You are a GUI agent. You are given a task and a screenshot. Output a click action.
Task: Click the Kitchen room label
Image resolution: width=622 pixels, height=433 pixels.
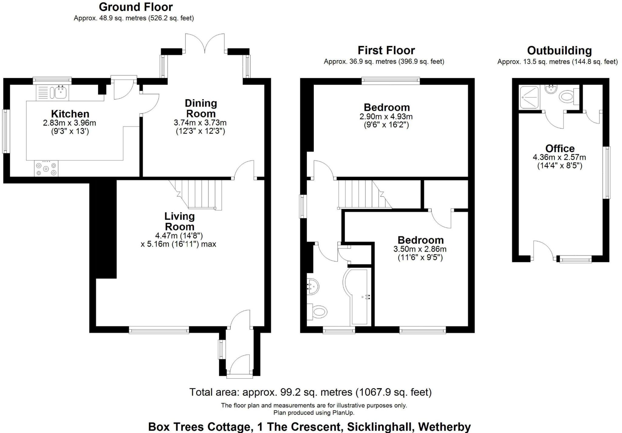[70, 114]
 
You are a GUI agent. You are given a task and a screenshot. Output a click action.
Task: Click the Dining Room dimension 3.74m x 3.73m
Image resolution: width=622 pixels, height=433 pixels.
[200, 123]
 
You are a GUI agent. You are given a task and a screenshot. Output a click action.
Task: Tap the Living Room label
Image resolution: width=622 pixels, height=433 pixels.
[179, 221]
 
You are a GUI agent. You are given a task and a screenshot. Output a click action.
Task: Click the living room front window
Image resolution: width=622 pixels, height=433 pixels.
[159, 330]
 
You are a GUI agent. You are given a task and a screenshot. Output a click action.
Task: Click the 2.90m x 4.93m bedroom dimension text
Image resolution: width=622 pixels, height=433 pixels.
[386, 117]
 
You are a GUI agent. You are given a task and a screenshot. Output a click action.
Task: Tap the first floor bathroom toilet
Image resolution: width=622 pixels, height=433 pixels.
[317, 312]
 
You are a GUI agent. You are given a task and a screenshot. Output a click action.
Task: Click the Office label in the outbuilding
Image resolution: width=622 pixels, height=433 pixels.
[560, 148]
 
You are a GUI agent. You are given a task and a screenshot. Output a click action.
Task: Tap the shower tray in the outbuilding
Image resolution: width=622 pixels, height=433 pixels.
[529, 97]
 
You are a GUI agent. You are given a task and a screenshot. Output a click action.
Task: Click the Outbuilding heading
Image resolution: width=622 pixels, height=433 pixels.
[559, 51]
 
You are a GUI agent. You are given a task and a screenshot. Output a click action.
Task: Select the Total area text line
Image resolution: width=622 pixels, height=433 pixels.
[310, 392]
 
